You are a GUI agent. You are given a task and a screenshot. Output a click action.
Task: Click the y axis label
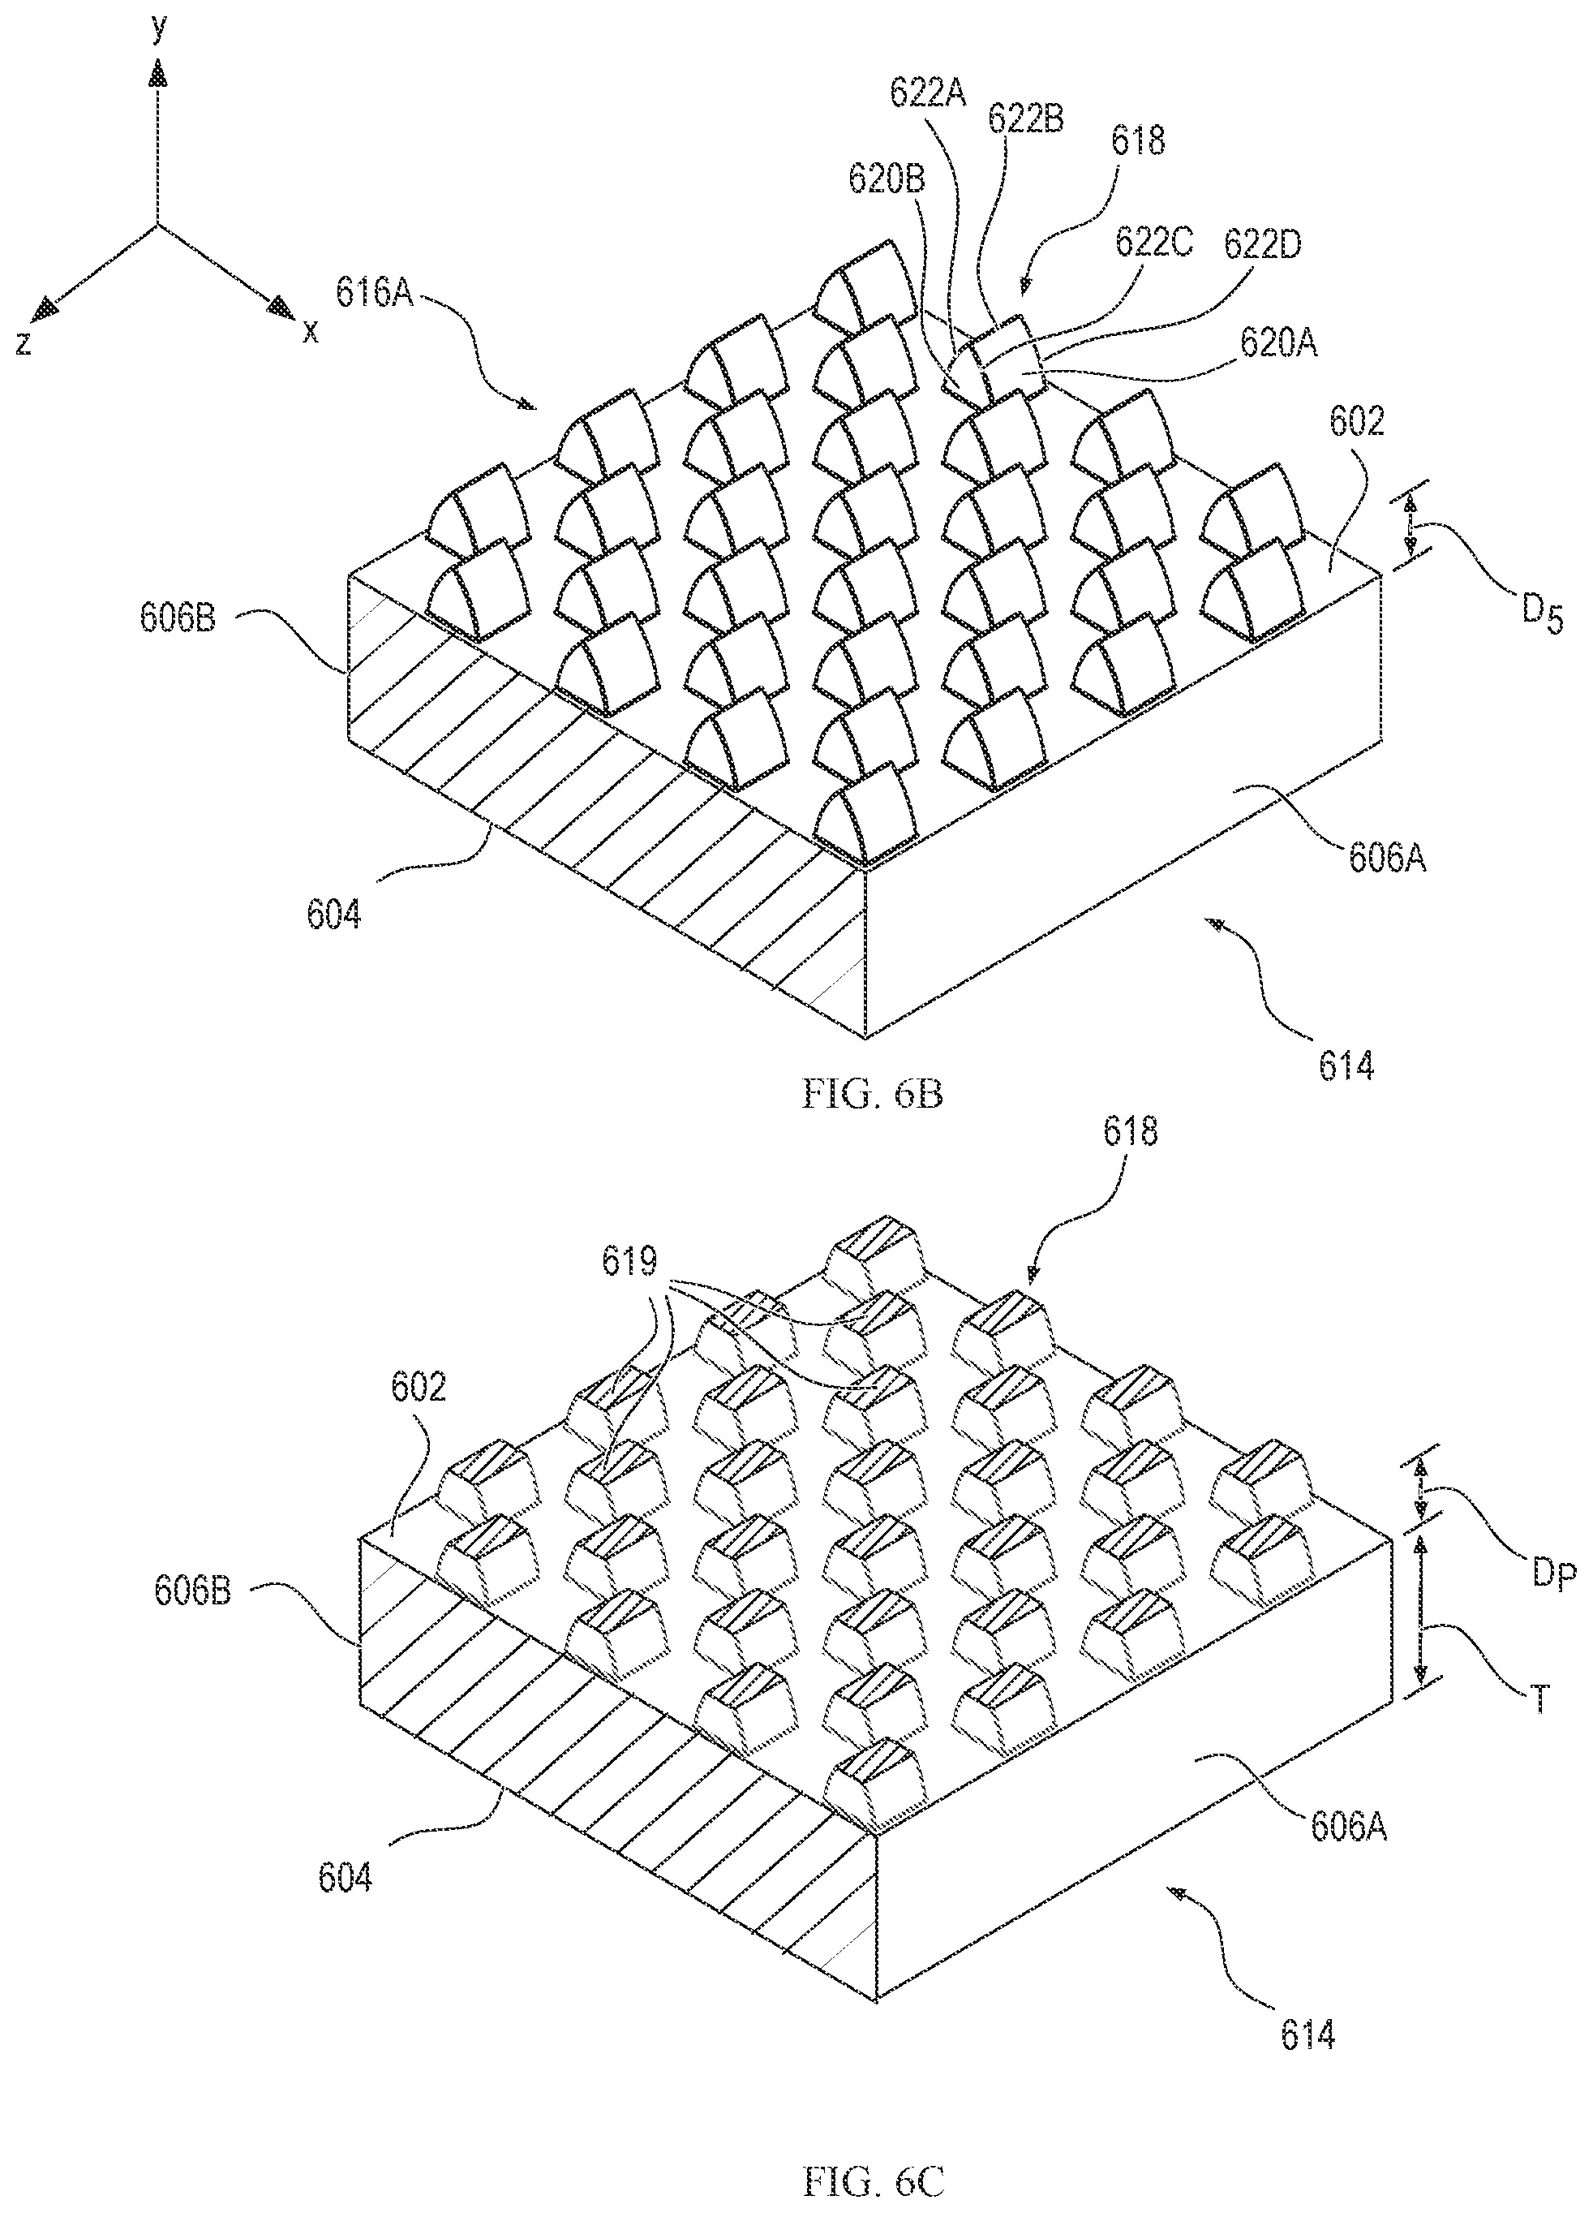click(159, 30)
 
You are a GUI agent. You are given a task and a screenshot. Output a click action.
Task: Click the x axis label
click(310, 333)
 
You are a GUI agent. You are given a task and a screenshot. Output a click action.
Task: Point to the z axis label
click(24, 342)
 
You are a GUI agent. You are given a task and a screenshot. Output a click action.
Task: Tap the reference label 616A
click(376, 292)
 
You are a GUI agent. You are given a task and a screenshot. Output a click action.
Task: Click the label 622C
click(1154, 243)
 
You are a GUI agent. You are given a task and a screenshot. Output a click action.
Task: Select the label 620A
click(1278, 342)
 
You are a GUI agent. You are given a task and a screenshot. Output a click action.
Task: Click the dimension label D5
click(1540, 618)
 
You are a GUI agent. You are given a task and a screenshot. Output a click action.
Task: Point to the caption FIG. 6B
click(872, 1094)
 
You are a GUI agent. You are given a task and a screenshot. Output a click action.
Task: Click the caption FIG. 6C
click(872, 2181)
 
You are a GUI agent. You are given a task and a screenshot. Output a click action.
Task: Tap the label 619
click(629, 1263)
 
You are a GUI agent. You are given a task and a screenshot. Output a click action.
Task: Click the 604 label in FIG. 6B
click(333, 915)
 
